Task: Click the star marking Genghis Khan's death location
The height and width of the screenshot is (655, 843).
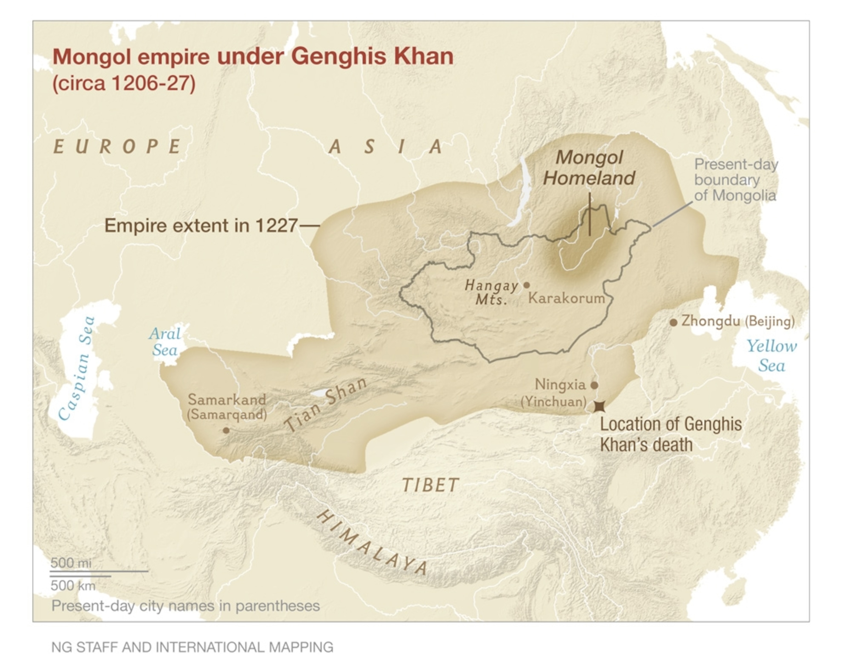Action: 599,406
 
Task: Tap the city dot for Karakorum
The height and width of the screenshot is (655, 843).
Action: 527,285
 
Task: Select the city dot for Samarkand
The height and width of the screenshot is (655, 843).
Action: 226,430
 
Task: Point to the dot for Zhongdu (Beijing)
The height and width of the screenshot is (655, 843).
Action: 673,322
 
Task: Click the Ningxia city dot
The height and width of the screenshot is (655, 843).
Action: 594,385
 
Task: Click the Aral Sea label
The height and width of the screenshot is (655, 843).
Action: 165,342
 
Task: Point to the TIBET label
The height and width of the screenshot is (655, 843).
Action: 430,485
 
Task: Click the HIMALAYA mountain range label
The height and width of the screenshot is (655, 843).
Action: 372,543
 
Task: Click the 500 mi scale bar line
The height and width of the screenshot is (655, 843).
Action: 99,571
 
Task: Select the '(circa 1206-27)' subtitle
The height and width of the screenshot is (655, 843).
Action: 124,83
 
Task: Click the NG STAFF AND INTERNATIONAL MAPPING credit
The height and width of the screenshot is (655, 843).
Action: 192,646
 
